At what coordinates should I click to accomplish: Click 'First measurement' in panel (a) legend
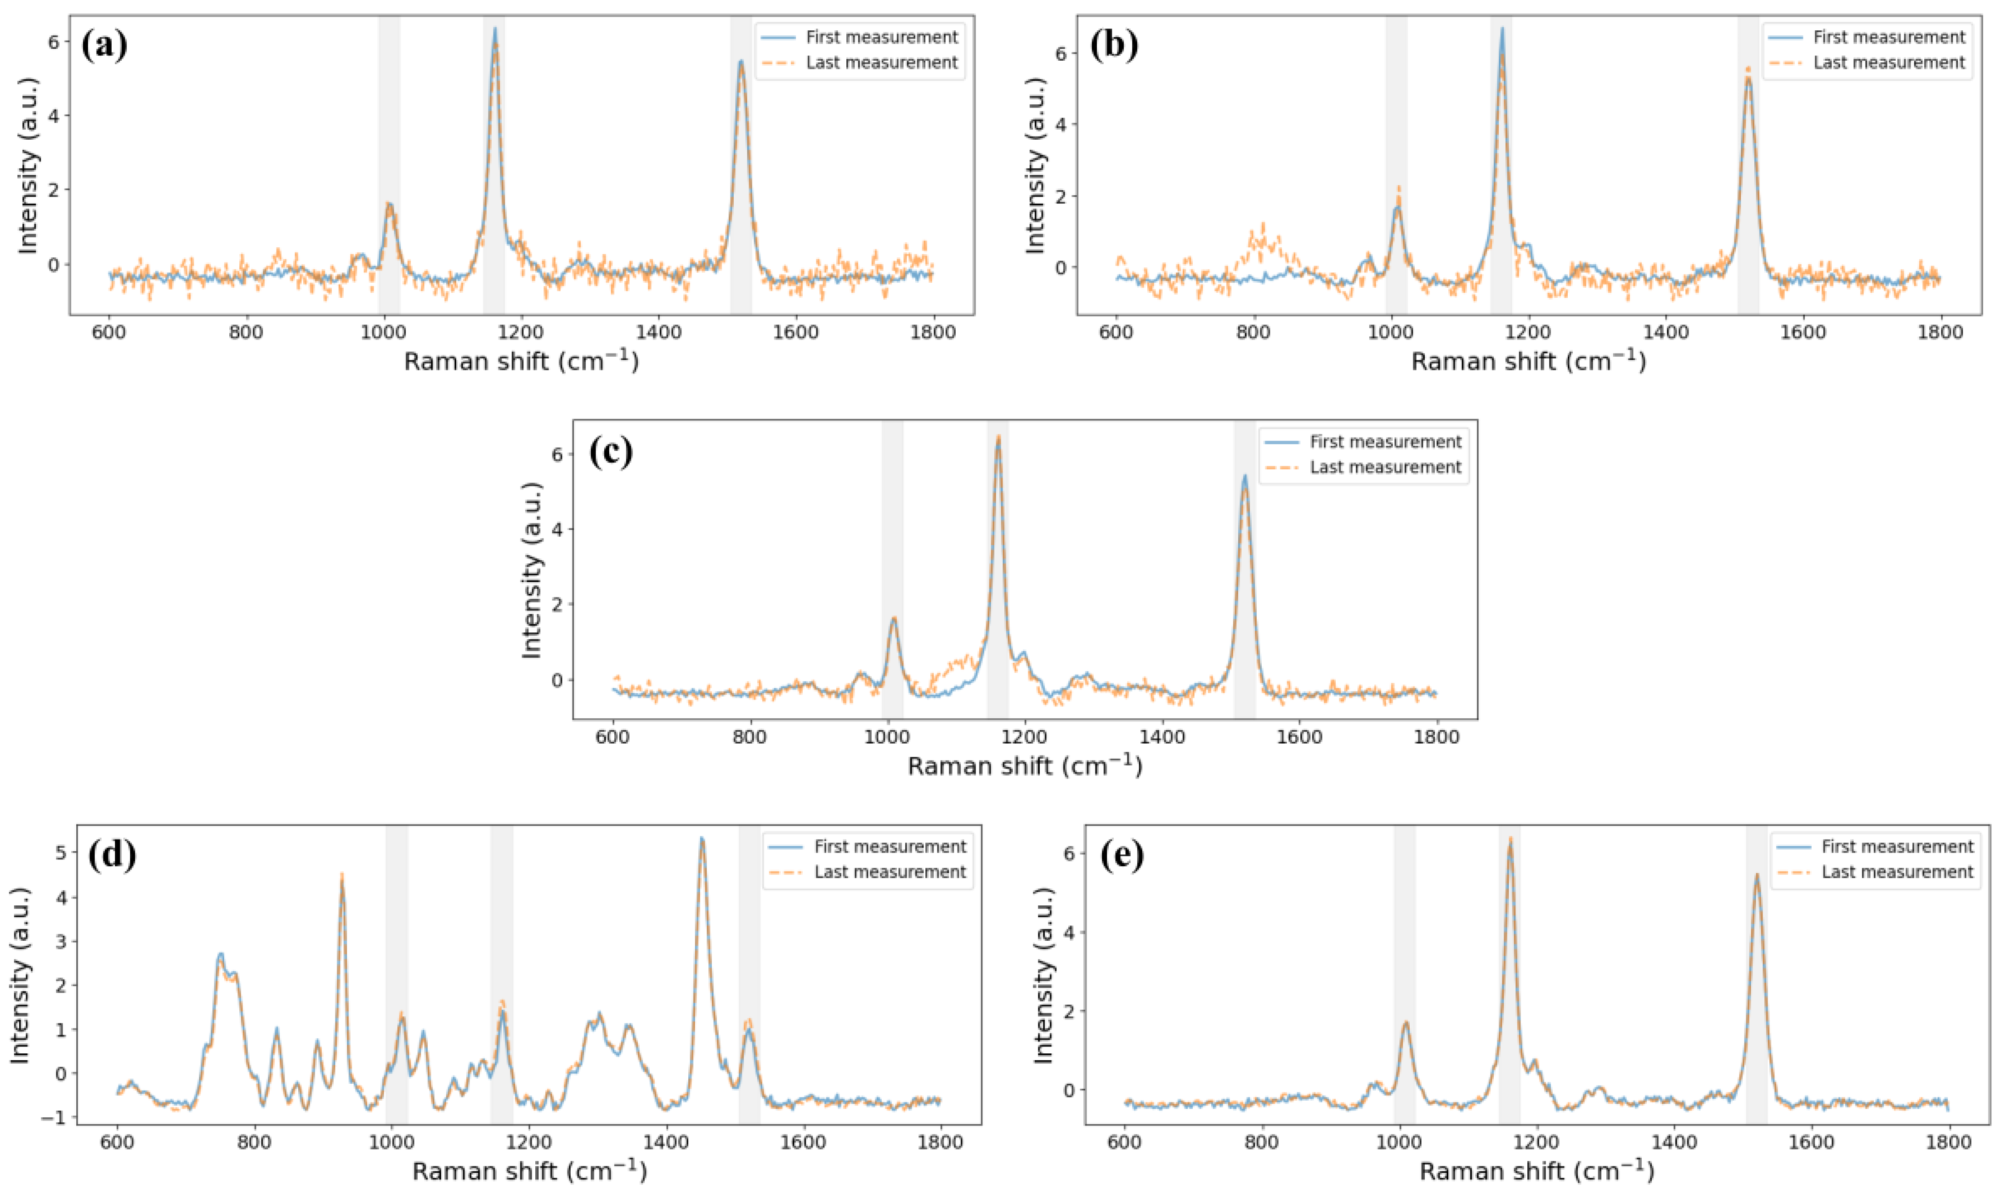(x=881, y=37)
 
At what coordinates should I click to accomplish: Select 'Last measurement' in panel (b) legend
(x=1888, y=63)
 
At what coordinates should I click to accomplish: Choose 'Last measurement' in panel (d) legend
(x=890, y=872)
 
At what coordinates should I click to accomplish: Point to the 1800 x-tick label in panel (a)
(x=932, y=331)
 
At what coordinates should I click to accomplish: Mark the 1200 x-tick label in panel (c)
(x=1025, y=737)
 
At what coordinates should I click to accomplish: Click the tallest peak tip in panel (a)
(x=494, y=29)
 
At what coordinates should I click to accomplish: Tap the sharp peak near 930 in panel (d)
(x=342, y=876)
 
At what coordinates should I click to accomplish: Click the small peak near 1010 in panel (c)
(x=893, y=618)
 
